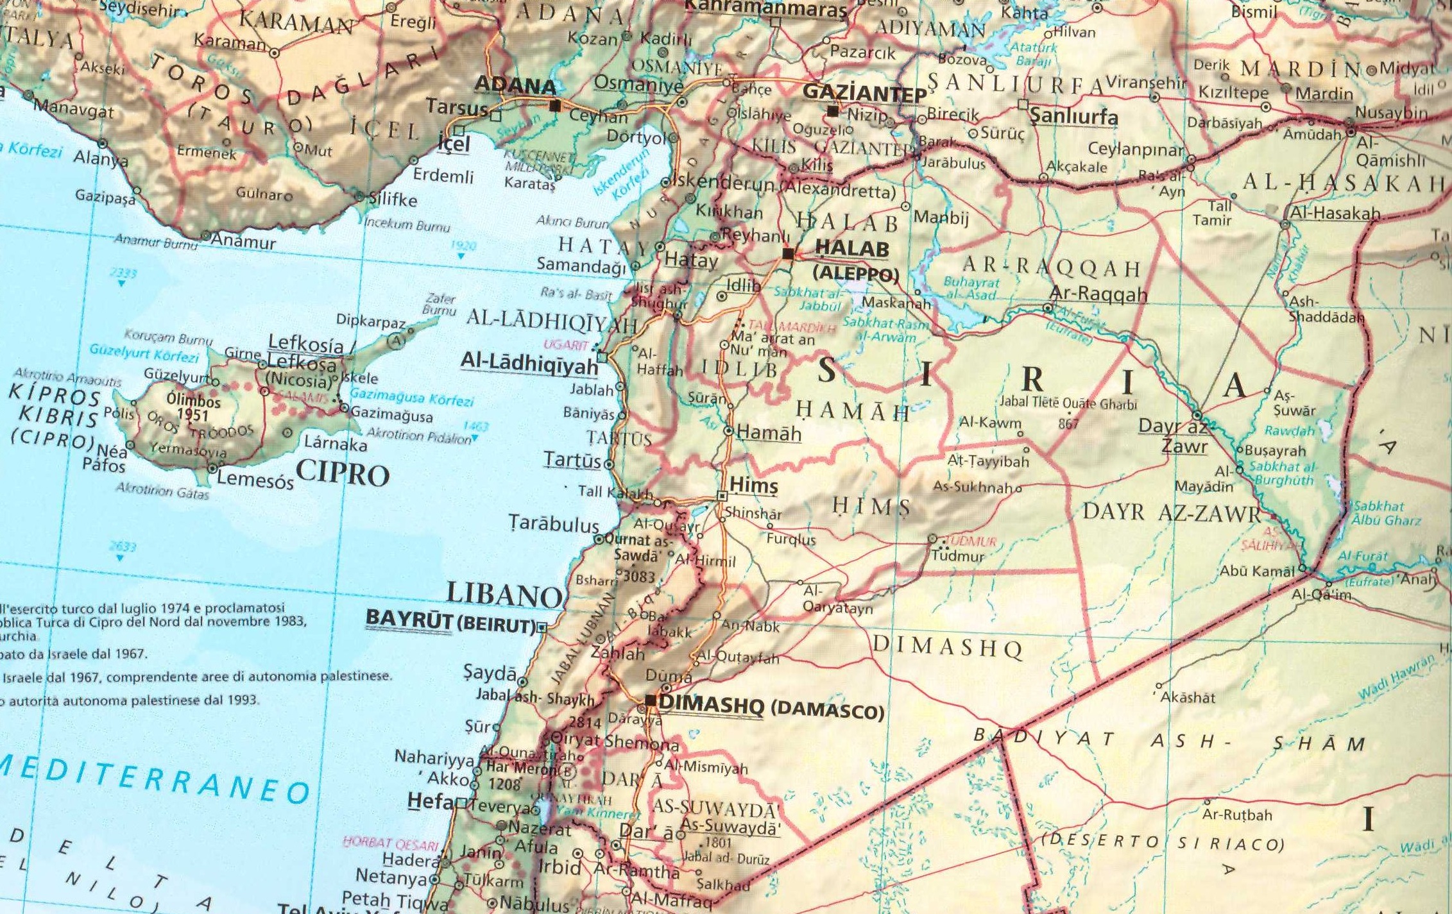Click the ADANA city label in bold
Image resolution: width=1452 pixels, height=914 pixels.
pos(515,86)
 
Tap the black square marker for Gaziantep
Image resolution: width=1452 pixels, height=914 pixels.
pos(832,111)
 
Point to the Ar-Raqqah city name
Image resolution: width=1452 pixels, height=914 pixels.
pos(1098,294)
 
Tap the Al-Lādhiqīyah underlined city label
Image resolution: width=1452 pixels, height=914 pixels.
pos(529,364)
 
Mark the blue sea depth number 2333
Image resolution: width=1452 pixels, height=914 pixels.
pos(123,273)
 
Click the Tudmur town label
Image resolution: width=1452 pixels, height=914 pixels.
pos(957,556)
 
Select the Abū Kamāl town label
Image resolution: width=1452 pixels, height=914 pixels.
pos(1257,570)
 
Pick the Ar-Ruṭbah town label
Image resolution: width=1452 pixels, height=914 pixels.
pos(1236,815)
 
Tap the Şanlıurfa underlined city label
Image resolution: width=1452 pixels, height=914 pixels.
pos(1073,117)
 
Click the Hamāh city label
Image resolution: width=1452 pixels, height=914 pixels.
pos(769,433)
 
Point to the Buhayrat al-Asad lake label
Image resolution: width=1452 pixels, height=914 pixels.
pos(971,289)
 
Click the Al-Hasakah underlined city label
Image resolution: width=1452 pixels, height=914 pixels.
pos(1335,213)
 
